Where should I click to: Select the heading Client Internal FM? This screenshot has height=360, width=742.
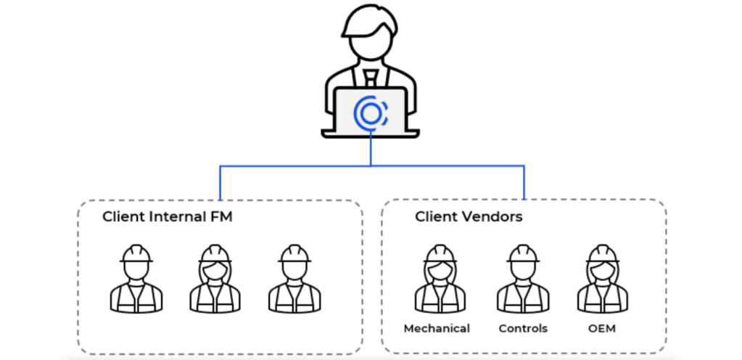(168, 216)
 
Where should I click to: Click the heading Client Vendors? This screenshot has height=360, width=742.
(469, 216)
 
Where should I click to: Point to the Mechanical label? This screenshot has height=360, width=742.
(437, 329)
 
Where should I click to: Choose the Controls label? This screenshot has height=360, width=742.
(523, 329)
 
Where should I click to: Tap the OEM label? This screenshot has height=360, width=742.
(602, 329)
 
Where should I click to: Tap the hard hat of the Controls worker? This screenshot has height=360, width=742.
(523, 253)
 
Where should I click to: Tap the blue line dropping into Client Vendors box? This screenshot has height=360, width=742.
(524, 182)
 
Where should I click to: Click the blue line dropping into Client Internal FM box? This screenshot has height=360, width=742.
(220, 182)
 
